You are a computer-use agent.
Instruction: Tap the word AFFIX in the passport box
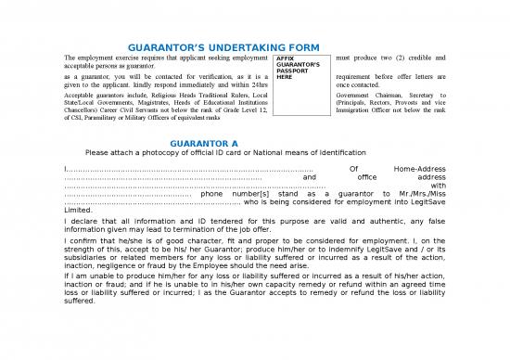286,58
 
